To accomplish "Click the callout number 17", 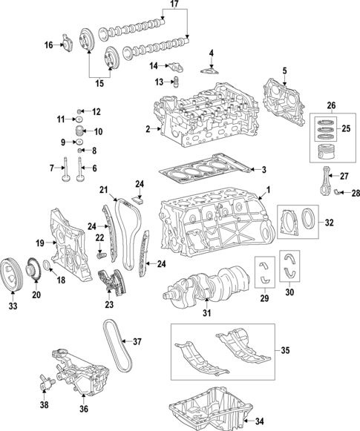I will [174, 5].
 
